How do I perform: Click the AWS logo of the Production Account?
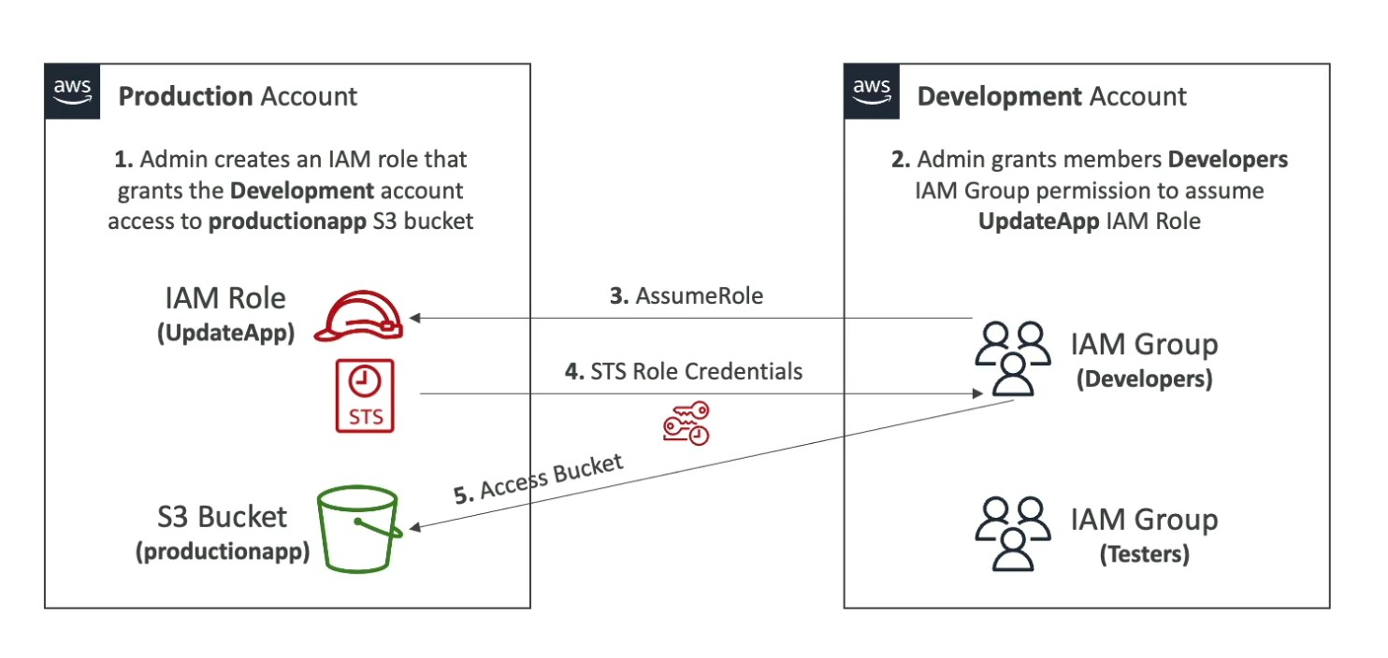click(x=72, y=91)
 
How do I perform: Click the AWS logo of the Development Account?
click(x=872, y=91)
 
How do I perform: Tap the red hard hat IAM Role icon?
click(x=358, y=316)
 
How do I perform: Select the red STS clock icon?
click(x=366, y=395)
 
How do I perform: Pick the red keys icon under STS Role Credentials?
click(x=687, y=422)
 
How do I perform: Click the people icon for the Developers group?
click(x=1010, y=358)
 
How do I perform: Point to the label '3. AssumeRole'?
click(x=687, y=296)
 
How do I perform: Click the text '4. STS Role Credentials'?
click(x=684, y=371)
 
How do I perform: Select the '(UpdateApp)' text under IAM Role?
click(x=224, y=334)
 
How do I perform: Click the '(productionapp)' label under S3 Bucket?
click(x=223, y=551)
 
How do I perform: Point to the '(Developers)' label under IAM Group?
click(x=1144, y=379)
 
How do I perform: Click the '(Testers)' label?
click(x=1144, y=554)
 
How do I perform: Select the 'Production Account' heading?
click(x=238, y=96)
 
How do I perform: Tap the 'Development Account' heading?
click(x=1051, y=96)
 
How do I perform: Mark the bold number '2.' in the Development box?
click(x=900, y=160)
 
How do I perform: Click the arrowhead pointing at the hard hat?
click(x=415, y=318)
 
